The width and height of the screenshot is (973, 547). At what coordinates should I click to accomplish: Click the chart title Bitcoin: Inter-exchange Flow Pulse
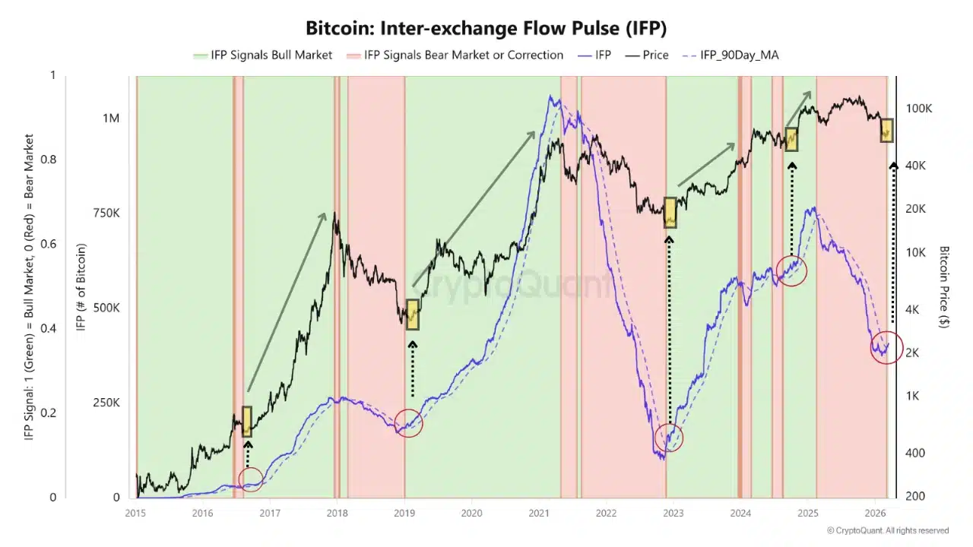486,28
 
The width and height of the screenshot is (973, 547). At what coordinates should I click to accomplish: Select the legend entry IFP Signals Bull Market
263,55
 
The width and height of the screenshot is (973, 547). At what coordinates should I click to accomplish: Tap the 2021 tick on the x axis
539,513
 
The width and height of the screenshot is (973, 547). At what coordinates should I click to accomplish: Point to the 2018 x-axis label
337,513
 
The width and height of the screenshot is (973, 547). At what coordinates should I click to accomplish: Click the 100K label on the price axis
918,109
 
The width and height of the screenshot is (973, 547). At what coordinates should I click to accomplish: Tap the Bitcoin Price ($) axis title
944,286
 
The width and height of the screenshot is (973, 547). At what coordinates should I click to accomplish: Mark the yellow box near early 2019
412,315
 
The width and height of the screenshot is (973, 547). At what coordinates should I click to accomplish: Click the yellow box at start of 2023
670,213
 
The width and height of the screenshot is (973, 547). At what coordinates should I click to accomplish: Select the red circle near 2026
886,348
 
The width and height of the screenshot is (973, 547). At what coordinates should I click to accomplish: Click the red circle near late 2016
251,478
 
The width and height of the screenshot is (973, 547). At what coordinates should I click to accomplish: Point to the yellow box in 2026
886,130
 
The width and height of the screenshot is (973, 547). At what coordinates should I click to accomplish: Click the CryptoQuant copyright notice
887,530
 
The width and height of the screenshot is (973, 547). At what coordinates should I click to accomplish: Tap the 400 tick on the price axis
915,454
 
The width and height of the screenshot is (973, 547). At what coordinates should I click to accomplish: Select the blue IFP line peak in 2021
550,97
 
